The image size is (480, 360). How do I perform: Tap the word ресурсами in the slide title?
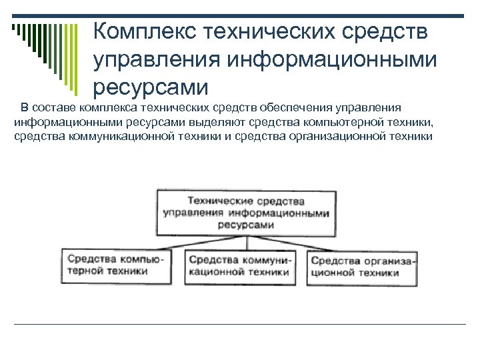click(x=151, y=87)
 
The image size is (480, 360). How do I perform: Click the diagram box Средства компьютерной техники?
click(x=115, y=265)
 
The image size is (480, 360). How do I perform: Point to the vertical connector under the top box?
click(x=246, y=241)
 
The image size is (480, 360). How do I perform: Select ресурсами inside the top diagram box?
click(x=246, y=225)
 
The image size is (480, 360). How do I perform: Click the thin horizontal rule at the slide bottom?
click(x=240, y=325)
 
